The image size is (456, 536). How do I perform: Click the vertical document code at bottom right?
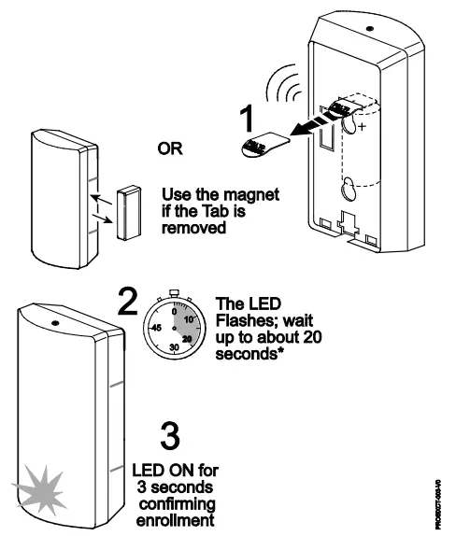point(437,505)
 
